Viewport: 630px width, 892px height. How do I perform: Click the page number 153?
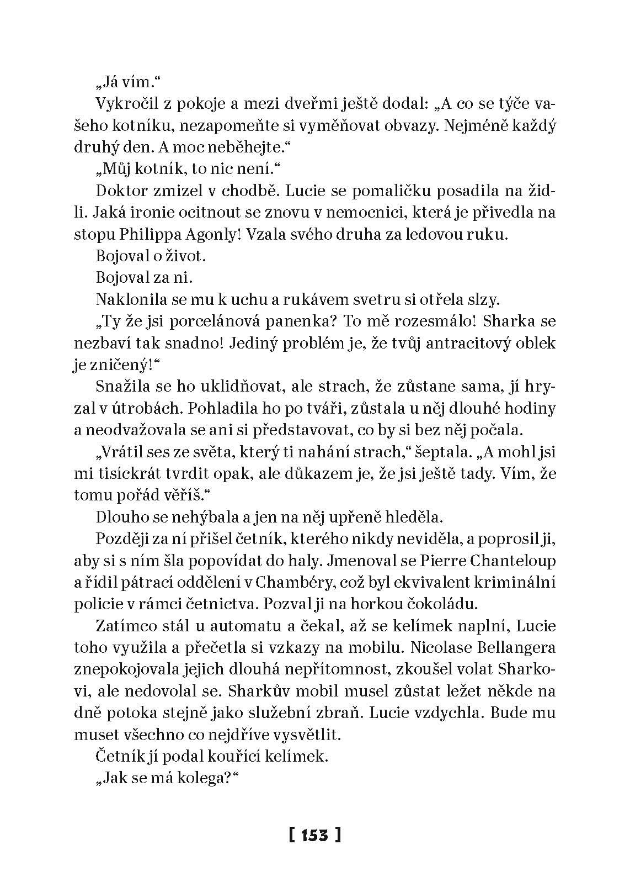(314, 834)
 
